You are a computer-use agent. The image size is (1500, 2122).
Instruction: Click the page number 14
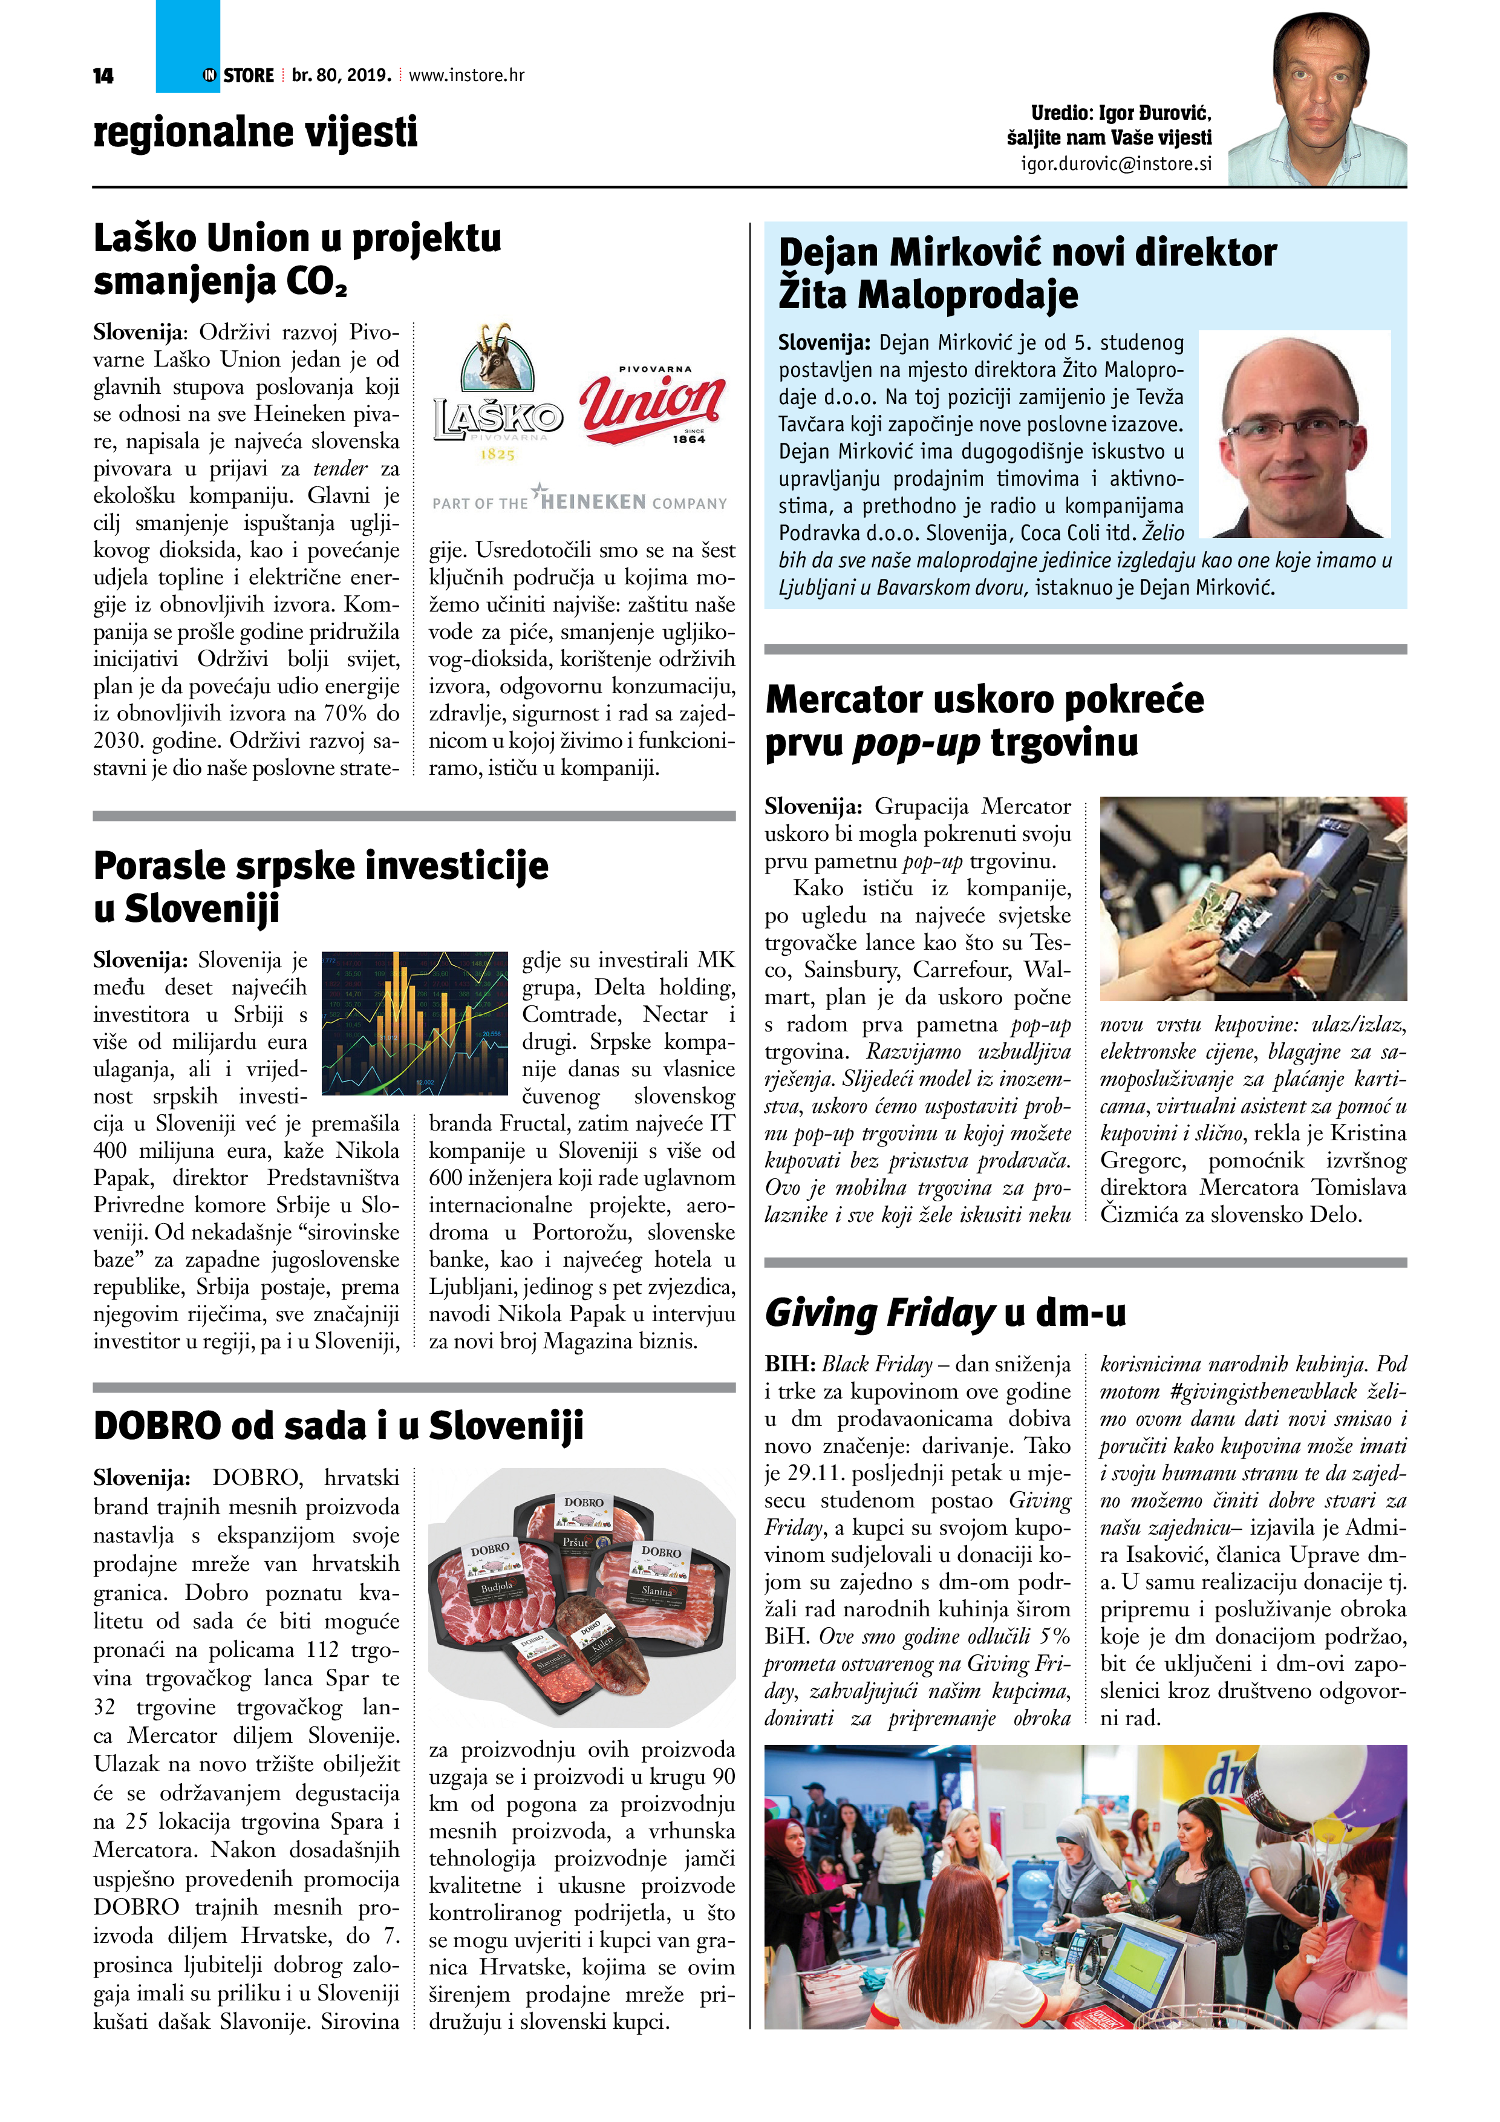[x=103, y=76]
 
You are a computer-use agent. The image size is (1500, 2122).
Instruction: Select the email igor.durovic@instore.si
[x=1115, y=163]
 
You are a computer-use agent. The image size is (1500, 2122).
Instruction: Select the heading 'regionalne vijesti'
[x=255, y=131]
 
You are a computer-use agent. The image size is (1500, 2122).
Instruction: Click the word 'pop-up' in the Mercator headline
[x=915, y=743]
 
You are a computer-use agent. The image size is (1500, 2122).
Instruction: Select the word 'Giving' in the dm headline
[x=821, y=1313]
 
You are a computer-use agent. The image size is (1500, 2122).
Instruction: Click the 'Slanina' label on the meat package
[x=656, y=1590]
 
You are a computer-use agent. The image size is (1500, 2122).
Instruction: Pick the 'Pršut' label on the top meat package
[x=575, y=1541]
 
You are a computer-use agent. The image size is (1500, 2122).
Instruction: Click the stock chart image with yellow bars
[x=414, y=1022]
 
